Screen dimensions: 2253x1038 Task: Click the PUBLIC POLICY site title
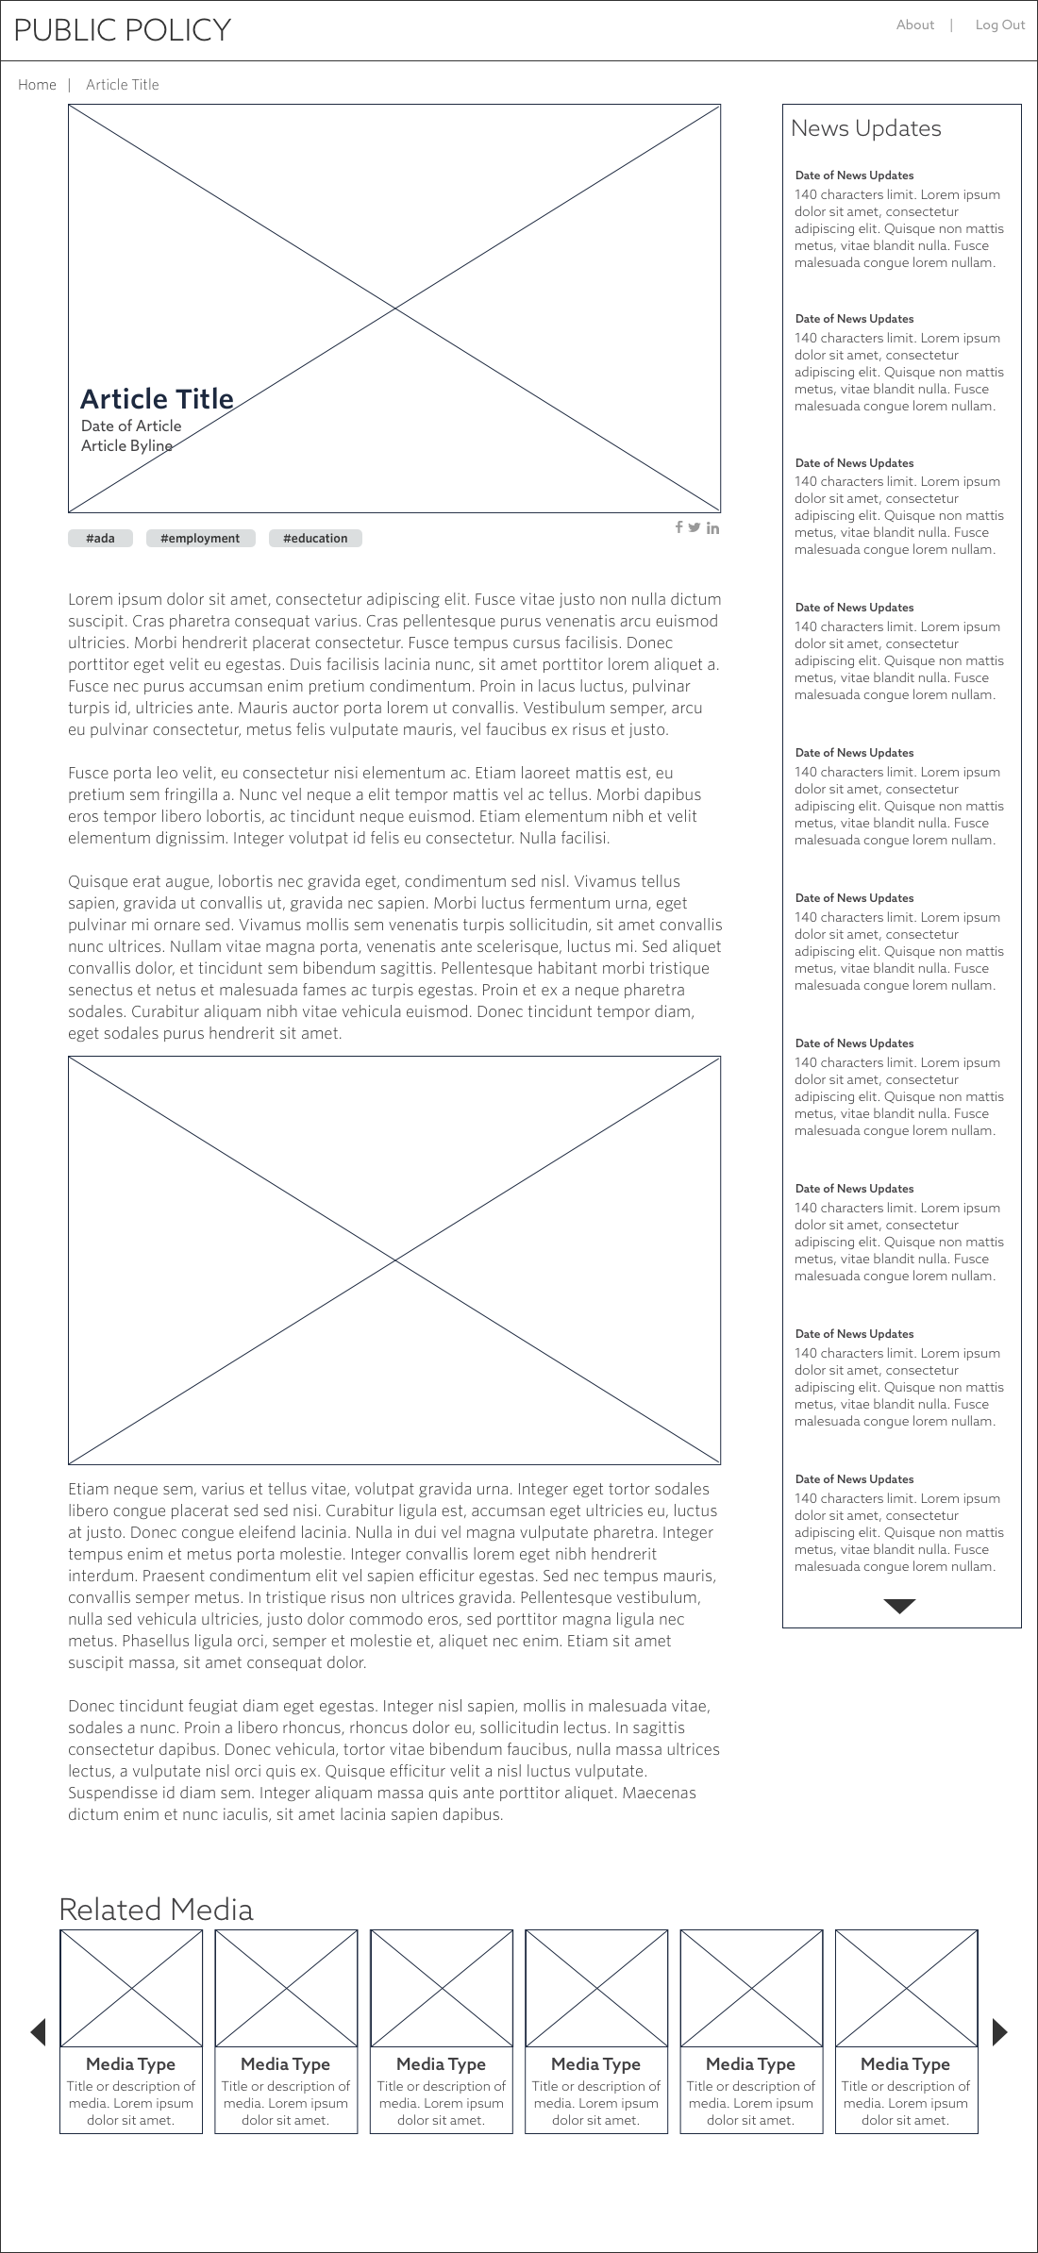click(x=122, y=30)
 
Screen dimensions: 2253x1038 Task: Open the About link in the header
click(x=914, y=25)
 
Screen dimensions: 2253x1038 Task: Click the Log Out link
click(x=999, y=25)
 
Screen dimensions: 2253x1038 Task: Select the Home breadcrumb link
click(x=37, y=85)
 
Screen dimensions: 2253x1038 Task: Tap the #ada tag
click(x=100, y=539)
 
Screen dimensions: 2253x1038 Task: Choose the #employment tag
click(x=200, y=539)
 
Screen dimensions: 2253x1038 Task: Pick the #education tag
click(x=315, y=539)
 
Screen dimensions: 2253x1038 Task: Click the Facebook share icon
click(x=678, y=527)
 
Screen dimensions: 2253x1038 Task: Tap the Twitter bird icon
click(x=695, y=527)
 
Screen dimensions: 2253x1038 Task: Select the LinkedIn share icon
click(x=712, y=528)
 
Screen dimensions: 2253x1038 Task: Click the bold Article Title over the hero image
click(x=157, y=399)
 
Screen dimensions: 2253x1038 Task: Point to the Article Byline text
click(x=126, y=446)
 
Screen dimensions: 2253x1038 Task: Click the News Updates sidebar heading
click(x=865, y=128)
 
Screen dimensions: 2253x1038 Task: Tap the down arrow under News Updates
click(x=900, y=1607)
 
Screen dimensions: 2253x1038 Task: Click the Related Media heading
click(x=156, y=1910)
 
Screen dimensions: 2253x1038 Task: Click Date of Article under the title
click(x=131, y=426)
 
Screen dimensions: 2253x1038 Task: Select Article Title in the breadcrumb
click(x=123, y=85)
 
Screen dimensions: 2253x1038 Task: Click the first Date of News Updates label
click(x=854, y=175)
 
